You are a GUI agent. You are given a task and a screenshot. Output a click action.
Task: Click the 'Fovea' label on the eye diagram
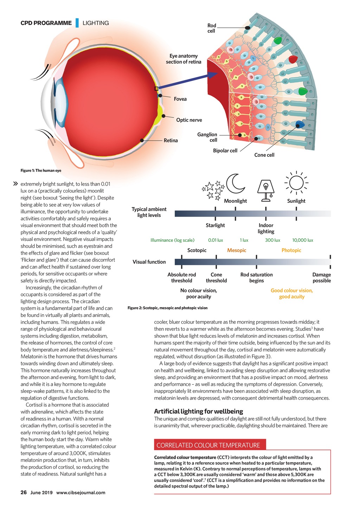(x=180, y=99)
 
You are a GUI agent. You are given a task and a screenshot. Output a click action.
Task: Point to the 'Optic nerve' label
(x=189, y=120)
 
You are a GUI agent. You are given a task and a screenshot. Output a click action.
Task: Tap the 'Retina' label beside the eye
(x=171, y=141)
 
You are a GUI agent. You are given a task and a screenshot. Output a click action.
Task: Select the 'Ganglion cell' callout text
(x=207, y=137)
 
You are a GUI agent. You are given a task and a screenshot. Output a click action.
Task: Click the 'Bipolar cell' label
(x=225, y=151)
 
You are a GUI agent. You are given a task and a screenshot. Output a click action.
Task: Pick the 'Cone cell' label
(x=264, y=155)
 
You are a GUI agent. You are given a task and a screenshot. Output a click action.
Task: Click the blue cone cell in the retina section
(x=300, y=124)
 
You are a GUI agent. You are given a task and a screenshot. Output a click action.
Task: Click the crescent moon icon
(x=235, y=183)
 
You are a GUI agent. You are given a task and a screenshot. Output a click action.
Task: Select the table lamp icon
(x=266, y=191)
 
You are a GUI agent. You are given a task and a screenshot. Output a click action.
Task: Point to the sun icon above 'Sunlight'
(x=296, y=183)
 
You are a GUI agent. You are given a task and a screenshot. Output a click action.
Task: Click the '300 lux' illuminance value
(x=272, y=240)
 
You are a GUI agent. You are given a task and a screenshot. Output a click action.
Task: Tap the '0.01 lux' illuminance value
(x=216, y=240)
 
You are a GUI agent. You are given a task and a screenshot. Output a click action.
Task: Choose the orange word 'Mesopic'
(x=237, y=250)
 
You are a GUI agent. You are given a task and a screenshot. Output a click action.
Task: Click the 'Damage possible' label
(x=322, y=278)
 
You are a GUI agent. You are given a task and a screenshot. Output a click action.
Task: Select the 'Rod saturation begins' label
(x=257, y=278)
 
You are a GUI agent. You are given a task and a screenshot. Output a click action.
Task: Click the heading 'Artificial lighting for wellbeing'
(x=199, y=411)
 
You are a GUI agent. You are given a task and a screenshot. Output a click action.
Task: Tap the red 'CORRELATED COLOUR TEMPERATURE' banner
(x=210, y=445)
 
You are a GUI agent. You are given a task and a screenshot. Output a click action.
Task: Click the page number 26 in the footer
(x=24, y=492)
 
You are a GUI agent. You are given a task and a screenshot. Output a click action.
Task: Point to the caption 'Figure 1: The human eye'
(x=41, y=170)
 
